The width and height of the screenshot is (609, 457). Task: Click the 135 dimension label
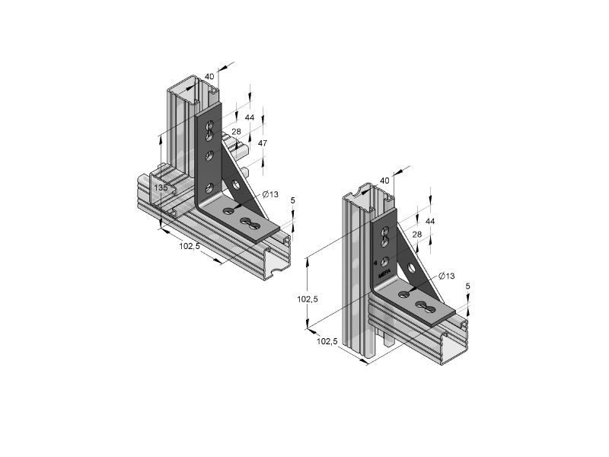coord(161,187)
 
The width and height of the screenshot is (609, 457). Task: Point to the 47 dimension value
coord(263,143)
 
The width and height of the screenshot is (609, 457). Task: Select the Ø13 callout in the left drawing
coord(270,194)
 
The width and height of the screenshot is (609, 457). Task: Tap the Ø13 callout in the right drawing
coord(446,276)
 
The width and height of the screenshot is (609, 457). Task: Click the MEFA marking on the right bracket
coord(384,274)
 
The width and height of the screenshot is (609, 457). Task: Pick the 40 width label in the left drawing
coord(209,77)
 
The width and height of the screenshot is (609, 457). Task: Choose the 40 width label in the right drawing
coord(384,181)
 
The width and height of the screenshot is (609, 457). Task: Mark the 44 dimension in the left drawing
coord(250,117)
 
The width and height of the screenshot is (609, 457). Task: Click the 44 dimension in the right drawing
coord(430,221)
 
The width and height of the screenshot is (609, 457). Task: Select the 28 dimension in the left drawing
coord(236,132)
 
